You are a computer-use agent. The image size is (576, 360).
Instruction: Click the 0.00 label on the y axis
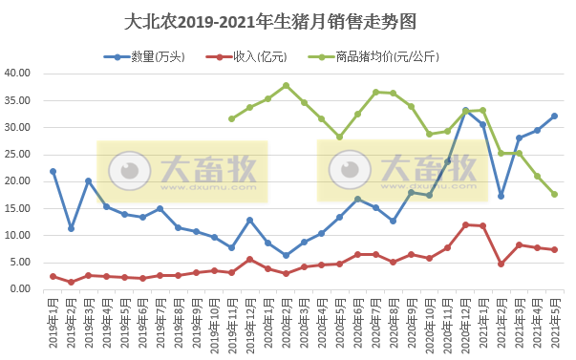tap(23, 289)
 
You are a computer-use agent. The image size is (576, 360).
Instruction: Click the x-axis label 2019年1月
tap(53, 323)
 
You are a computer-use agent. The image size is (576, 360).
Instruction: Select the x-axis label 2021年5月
tap(554, 323)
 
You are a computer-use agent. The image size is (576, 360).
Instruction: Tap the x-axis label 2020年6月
tap(357, 323)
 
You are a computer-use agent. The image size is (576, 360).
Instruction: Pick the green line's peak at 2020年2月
tap(286, 85)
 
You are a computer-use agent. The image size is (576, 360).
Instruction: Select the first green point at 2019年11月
tap(232, 118)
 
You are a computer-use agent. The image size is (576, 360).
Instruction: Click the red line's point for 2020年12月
tap(465, 224)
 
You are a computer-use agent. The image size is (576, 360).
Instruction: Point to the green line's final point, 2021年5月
tap(554, 194)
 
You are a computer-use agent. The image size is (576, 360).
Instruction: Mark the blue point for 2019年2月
tap(71, 228)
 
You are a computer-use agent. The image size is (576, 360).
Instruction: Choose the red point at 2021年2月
tap(501, 264)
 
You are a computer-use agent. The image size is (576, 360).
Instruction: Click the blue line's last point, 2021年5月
tap(554, 116)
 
